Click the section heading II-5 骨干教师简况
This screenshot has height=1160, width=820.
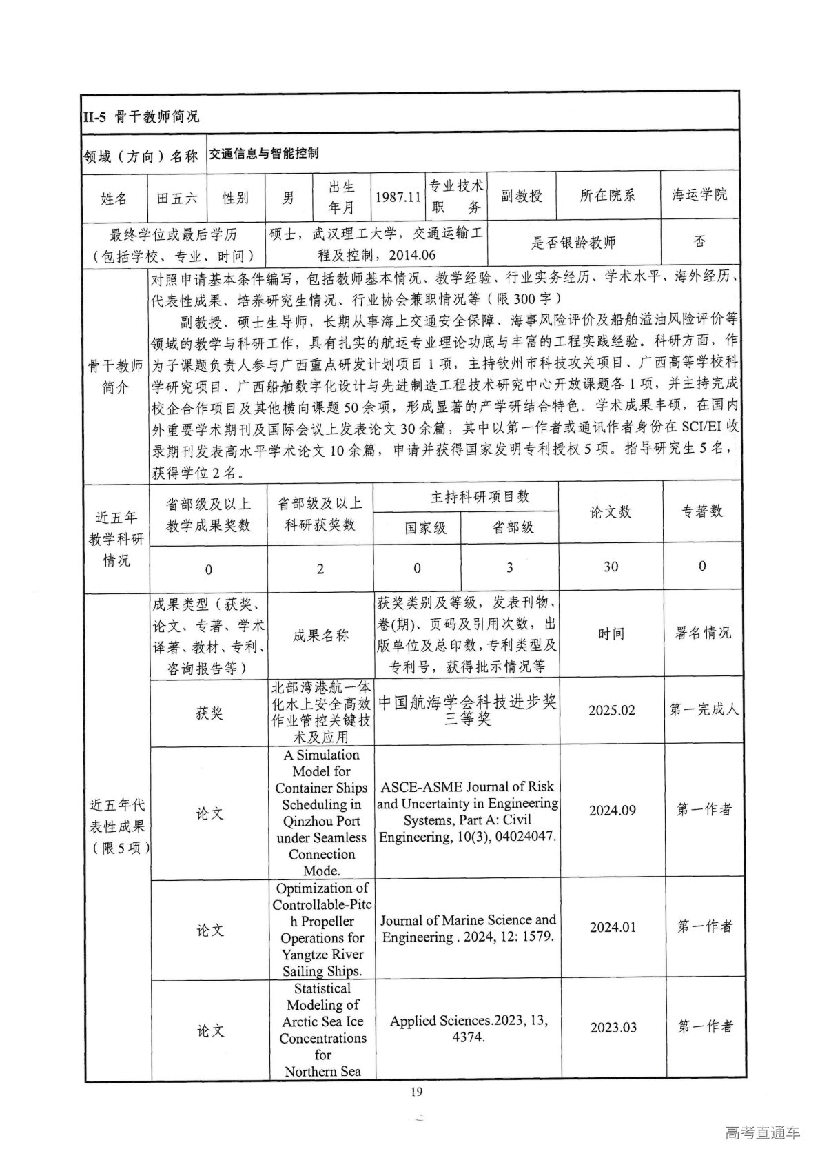(x=141, y=116)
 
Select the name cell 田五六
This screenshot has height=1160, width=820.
(x=177, y=198)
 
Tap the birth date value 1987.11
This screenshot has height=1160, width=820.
(x=398, y=196)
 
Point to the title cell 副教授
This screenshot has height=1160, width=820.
(x=521, y=196)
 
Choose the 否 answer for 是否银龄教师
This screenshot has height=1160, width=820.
(x=699, y=241)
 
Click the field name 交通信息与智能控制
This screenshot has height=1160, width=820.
(x=264, y=154)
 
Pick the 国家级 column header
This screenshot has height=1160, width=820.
(x=425, y=528)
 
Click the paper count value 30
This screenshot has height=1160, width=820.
(x=611, y=567)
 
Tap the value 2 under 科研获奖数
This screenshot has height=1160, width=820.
(x=320, y=569)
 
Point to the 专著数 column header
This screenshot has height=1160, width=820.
(x=702, y=511)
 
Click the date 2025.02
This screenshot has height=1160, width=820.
(x=611, y=711)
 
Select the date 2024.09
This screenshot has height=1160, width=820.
(x=612, y=811)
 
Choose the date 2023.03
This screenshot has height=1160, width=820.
(x=613, y=1027)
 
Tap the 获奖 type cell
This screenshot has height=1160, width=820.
(x=209, y=713)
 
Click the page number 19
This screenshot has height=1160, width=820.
(x=416, y=1091)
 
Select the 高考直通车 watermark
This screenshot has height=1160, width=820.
(x=762, y=1132)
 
